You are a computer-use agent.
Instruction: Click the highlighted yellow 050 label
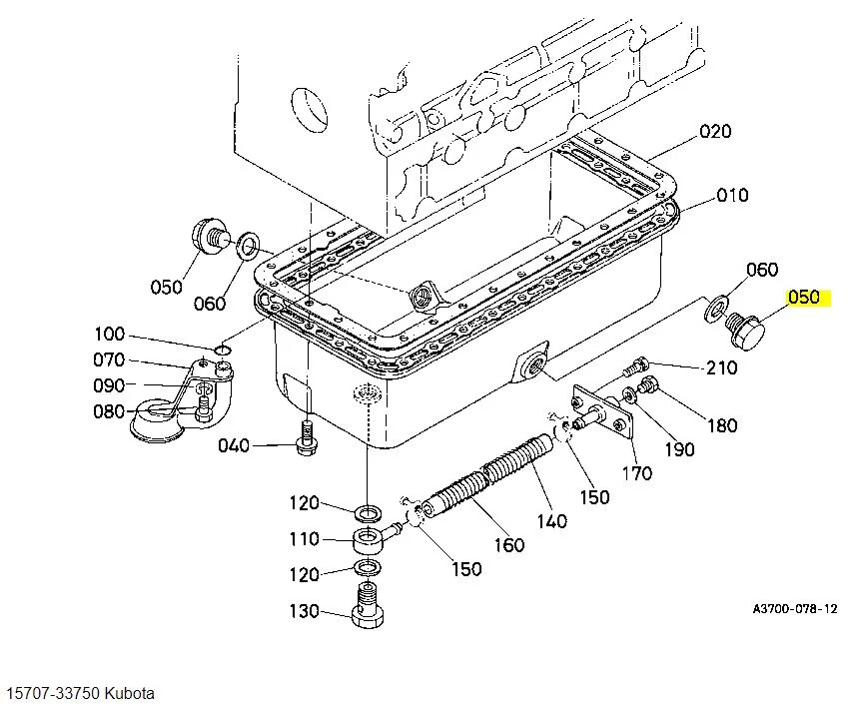(803, 298)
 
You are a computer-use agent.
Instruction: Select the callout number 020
(715, 131)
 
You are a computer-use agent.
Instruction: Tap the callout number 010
(731, 195)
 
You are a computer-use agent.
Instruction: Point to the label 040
(234, 445)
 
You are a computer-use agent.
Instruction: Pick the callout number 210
(721, 367)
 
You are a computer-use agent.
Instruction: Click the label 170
(637, 473)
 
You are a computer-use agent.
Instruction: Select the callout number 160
(508, 545)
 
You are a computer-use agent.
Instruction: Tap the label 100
(110, 335)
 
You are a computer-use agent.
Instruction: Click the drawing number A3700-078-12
(794, 608)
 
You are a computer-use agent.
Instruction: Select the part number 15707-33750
(52, 693)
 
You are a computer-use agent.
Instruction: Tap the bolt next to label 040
(306, 440)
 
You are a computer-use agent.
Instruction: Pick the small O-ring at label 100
(222, 350)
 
